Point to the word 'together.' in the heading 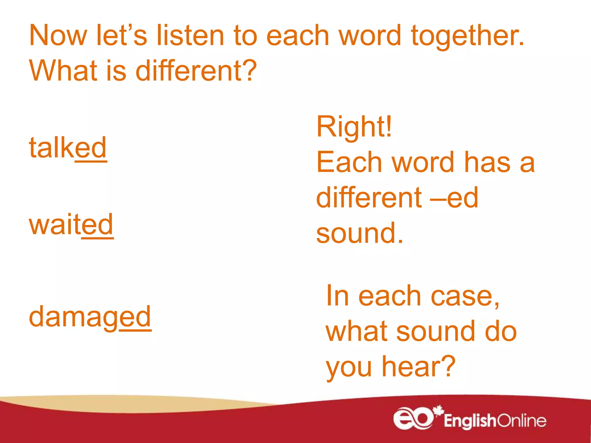pyautogui.click(x=467, y=36)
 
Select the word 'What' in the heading pyautogui.click(x=63, y=71)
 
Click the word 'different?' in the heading pyautogui.click(x=196, y=71)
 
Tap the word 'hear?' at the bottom pyautogui.click(x=419, y=366)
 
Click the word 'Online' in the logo pyautogui.click(x=522, y=421)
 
